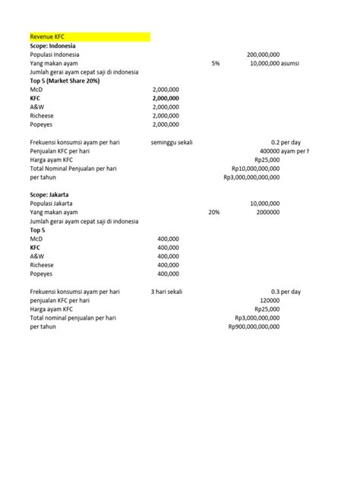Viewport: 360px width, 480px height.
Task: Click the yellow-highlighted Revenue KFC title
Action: tap(47, 36)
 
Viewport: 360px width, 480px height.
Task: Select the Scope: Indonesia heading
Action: tap(53, 46)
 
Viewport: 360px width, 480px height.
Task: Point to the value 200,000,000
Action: tap(264, 55)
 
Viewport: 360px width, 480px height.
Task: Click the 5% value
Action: tap(216, 64)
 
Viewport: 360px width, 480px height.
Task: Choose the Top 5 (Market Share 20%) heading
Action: tap(65, 81)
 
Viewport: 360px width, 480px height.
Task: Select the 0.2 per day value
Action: tap(286, 142)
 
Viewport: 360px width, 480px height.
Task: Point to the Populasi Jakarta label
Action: tap(52, 204)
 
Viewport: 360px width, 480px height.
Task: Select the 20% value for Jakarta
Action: tap(214, 213)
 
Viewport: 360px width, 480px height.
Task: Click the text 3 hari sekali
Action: tap(169, 291)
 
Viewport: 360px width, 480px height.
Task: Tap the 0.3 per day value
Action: tap(286, 291)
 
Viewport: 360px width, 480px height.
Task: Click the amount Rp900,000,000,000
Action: tap(254, 327)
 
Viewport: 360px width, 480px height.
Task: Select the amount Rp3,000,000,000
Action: tap(257, 317)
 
